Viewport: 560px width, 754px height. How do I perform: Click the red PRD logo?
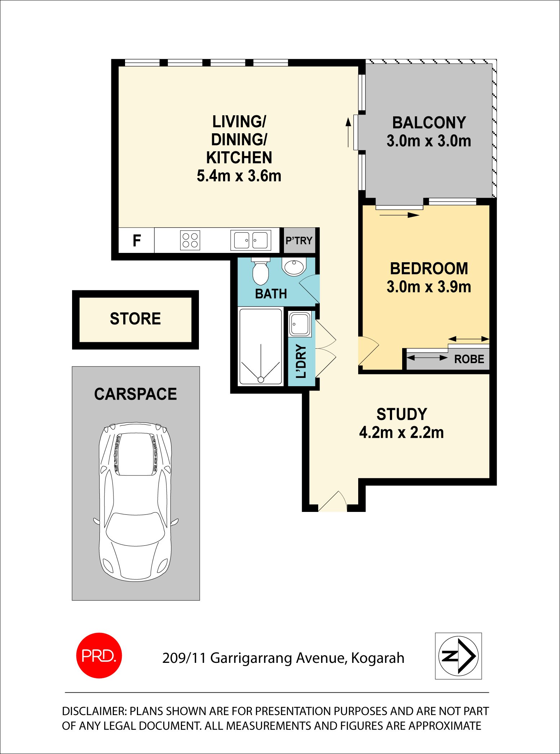point(99,655)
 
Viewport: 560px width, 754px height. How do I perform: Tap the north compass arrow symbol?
point(458,656)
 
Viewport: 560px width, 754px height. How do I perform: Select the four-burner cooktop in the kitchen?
point(190,240)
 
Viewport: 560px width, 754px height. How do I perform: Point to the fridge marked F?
point(137,240)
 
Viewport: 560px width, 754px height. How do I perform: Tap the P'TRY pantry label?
point(299,241)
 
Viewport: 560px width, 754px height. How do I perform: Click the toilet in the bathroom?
point(261,272)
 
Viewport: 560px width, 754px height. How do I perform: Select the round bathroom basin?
point(294,267)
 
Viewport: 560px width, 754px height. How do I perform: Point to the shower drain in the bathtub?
point(261,379)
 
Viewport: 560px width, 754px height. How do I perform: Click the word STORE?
point(135,319)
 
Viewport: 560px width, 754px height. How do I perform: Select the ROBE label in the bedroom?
point(469,359)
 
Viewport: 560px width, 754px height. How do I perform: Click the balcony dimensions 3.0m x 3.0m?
point(429,141)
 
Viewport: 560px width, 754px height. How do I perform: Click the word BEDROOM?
point(429,269)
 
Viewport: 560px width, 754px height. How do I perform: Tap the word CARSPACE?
point(135,394)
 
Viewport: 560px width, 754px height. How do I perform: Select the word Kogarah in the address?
point(378,658)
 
